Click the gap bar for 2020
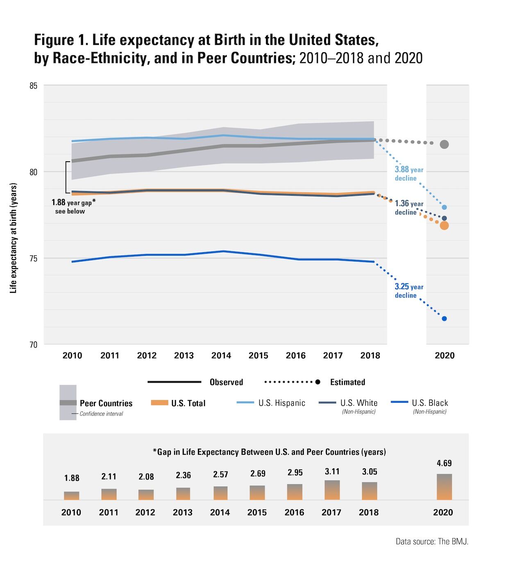pyautogui.click(x=444, y=487)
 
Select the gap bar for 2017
pyautogui.click(x=332, y=490)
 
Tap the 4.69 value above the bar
pyautogui.click(x=444, y=463)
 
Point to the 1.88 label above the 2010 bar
pyautogui.click(x=72, y=478)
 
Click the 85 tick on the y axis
pyautogui.click(x=33, y=86)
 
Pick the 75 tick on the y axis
pyautogui.click(x=33, y=258)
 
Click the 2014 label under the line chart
pyautogui.click(x=221, y=355)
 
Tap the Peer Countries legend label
pyautogui.click(x=106, y=404)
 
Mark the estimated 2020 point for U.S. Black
pyautogui.click(x=444, y=319)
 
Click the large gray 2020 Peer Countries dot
pyautogui.click(x=444, y=144)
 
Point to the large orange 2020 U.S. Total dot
pyautogui.click(x=444, y=226)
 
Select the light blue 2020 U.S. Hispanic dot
pyautogui.click(x=444, y=208)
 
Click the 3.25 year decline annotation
pyautogui.click(x=409, y=291)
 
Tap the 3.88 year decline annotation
pyautogui.click(x=409, y=174)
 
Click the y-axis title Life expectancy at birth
pyautogui.click(x=14, y=238)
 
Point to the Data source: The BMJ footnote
pyautogui.click(x=432, y=542)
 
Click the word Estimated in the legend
pyautogui.click(x=347, y=382)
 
